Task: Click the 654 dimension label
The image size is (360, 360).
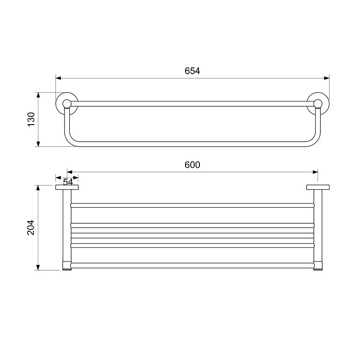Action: click(192, 71)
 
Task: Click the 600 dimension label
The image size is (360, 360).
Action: click(192, 165)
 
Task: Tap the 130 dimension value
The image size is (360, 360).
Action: click(31, 119)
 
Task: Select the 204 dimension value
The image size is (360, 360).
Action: click(31, 227)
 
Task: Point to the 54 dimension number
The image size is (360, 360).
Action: click(68, 182)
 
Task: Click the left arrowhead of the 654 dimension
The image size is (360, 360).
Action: click(58, 78)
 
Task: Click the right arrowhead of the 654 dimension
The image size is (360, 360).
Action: click(326, 78)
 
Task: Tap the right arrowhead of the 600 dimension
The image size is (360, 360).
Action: click(315, 172)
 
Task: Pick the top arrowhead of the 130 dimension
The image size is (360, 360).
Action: click(38, 95)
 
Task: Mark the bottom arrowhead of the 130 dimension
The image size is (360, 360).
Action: click(38, 144)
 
